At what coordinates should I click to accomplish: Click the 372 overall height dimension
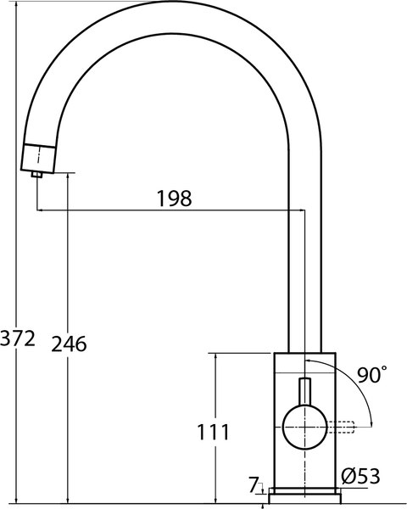18,338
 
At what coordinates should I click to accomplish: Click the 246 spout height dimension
69,344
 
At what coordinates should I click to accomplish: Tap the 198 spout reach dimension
175,199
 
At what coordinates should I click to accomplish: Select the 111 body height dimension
213,432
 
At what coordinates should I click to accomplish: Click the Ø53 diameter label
360,477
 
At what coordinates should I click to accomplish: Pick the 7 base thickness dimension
254,485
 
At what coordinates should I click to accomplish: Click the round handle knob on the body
304,427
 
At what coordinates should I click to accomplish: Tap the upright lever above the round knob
304,391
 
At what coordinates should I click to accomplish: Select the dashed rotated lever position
341,427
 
